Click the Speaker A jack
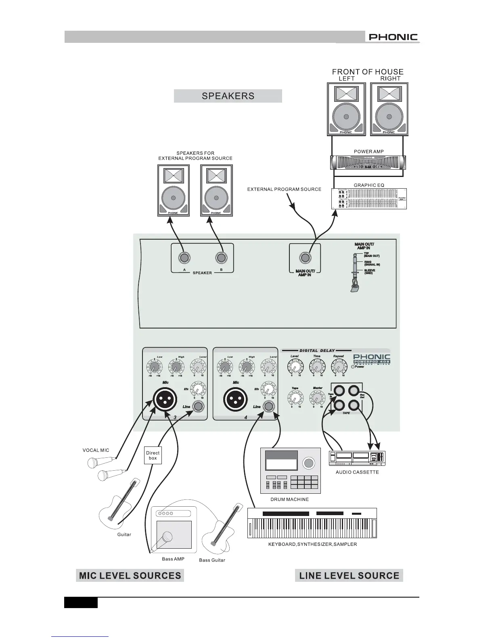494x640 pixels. click(184, 257)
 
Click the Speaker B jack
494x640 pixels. click(221, 257)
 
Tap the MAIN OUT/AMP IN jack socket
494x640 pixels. click(305, 257)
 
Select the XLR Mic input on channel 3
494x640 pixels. click(165, 400)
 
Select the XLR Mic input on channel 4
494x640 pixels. click(235, 400)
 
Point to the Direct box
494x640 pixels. click(153, 455)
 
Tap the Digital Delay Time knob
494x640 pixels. click(317, 367)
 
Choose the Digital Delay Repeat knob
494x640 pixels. click(338, 367)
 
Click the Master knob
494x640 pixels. click(317, 399)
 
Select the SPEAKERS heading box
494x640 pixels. click(228, 96)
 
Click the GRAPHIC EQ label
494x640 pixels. click(369, 185)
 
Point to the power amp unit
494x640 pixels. click(368, 163)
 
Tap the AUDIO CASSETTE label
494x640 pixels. click(357, 472)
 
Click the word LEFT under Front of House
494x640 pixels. click(346, 79)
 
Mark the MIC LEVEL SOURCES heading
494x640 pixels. click(130, 576)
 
